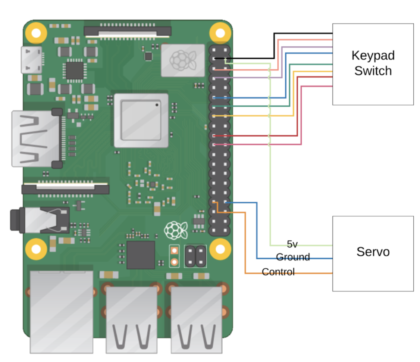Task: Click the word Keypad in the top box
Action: tap(373, 56)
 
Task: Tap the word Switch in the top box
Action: tap(373, 71)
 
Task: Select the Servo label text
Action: tap(373, 252)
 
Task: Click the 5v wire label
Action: tap(292, 244)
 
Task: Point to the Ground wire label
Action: tap(293, 257)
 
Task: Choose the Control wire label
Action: tap(278, 272)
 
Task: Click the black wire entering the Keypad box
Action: tap(274, 45)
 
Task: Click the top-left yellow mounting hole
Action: tap(36, 33)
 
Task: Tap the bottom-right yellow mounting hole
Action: tap(220, 249)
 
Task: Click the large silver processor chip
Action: tap(141, 120)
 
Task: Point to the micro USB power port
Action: tap(32, 60)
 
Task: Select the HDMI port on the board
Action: tap(37, 138)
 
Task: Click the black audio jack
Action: tap(40, 220)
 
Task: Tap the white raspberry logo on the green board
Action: tap(176, 230)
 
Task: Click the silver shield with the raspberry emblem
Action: tap(183, 61)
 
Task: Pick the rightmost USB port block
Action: tap(196, 320)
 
